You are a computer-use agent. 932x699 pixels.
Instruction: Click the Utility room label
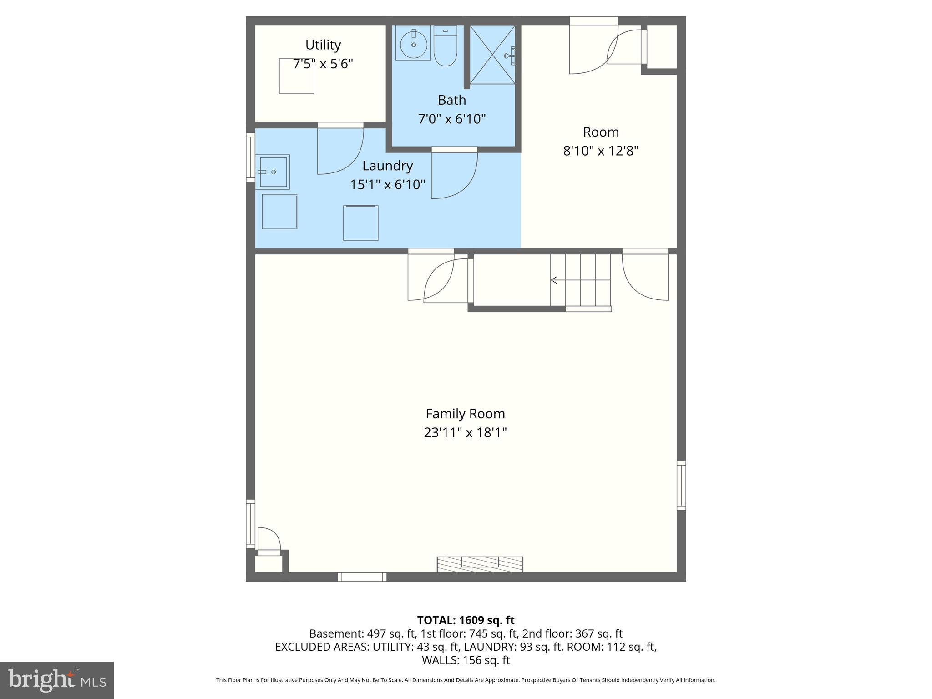tap(323, 45)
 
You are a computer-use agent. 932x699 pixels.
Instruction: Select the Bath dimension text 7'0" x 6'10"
tap(452, 119)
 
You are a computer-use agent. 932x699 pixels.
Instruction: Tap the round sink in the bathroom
tap(413, 44)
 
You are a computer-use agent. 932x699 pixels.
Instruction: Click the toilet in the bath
tap(445, 47)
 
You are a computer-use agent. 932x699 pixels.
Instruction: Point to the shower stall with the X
tap(492, 55)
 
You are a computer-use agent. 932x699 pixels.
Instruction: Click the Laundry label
tap(387, 166)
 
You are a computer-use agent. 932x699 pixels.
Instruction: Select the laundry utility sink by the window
tap(273, 172)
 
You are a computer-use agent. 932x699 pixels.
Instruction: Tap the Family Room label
tap(465, 414)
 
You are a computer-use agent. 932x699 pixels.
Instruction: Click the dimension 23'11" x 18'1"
tap(465, 432)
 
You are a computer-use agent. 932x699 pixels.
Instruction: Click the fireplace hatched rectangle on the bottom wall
tap(480, 564)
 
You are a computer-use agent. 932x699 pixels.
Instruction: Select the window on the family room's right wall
tap(681, 485)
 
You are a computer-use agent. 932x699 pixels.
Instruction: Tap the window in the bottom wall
tap(362, 577)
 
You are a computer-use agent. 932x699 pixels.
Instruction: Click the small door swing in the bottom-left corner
tap(268, 539)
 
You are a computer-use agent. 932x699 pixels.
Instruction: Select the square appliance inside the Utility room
tap(296, 76)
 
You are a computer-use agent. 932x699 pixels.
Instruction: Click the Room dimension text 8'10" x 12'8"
tap(601, 151)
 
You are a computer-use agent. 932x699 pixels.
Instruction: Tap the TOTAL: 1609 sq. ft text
tap(466, 620)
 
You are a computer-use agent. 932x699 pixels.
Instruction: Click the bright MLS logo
tap(56, 680)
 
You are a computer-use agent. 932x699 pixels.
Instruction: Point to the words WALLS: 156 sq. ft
tap(466, 660)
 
